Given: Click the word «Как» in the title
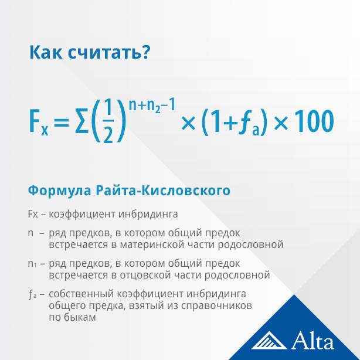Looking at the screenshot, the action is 46,52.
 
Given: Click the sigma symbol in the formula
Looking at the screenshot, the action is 81,121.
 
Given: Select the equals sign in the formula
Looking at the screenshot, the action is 62,122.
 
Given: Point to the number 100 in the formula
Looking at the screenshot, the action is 314,121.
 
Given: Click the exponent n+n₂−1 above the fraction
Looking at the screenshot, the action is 152,105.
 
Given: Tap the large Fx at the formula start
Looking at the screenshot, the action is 39,123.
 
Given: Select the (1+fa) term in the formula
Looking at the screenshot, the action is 235,122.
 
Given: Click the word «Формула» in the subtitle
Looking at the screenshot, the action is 59,191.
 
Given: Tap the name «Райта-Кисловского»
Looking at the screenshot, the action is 163,191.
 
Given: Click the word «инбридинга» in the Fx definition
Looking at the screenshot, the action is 148,214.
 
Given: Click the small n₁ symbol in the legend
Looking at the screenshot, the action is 32,264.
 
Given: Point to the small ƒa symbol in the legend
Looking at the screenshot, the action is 32,294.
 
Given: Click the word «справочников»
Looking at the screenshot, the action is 216,306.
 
